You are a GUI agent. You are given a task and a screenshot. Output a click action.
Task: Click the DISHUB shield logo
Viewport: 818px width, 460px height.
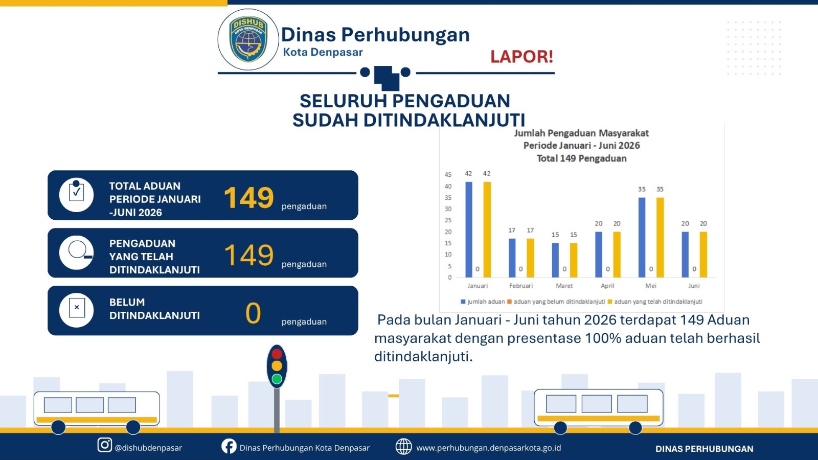[x=248, y=39]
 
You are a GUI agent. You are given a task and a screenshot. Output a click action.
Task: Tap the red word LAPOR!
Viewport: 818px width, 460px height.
[x=521, y=57]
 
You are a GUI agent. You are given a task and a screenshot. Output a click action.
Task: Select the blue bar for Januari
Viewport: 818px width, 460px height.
[x=468, y=229]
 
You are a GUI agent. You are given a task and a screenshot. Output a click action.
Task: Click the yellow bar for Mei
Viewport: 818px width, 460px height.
[x=660, y=237]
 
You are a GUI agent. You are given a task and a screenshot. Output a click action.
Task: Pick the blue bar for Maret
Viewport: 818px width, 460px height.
[x=555, y=260]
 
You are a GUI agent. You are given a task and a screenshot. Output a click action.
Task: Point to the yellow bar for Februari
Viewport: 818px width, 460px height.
[x=530, y=258]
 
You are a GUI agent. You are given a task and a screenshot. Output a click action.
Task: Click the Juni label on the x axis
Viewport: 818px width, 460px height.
[x=694, y=286]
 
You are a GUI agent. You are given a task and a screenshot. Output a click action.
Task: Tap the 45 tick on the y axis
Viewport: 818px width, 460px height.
[x=448, y=175]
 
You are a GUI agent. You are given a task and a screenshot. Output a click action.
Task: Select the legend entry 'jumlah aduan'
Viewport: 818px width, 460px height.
[x=483, y=302]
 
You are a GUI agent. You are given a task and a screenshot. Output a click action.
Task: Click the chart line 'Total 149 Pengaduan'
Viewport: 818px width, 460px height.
[x=581, y=158]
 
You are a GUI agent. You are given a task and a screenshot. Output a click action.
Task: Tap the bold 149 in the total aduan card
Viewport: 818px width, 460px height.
[x=248, y=198]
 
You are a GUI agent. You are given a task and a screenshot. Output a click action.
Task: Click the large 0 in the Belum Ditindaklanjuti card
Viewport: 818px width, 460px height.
[x=253, y=313]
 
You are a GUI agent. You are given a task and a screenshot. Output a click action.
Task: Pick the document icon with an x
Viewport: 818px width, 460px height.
[x=77, y=308]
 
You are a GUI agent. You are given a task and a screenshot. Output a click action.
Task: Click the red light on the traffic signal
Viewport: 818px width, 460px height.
[x=277, y=354]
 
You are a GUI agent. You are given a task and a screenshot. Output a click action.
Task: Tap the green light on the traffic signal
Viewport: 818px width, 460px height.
[x=277, y=379]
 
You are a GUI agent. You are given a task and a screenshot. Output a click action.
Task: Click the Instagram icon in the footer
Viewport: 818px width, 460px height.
[x=104, y=445]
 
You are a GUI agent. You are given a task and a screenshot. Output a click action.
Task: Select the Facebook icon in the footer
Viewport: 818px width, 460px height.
[x=229, y=446]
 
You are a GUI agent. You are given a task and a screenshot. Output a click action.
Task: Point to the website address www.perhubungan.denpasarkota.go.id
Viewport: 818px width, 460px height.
[x=489, y=448]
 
